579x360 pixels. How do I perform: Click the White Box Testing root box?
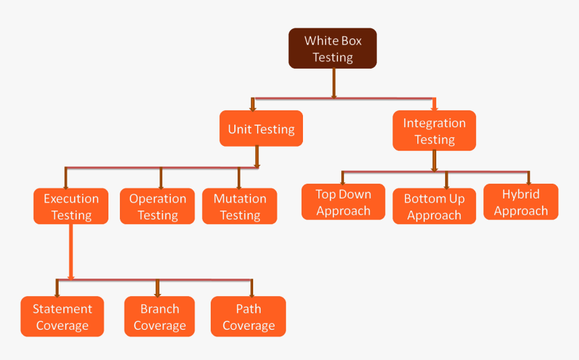pos(333,48)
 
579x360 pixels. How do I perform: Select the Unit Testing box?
pos(261,129)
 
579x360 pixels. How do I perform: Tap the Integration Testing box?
pos(434,131)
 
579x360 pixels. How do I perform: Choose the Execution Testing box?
pos(71,207)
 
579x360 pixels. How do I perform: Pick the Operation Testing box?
pos(158,207)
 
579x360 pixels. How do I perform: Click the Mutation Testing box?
pos(240,207)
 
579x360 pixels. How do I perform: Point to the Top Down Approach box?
pos(343,203)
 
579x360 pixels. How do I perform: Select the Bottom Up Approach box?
pos(434,207)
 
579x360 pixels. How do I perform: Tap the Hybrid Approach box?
pos(520,203)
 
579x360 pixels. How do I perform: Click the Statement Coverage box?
pos(63,317)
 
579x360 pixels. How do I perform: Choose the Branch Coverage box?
pos(160,317)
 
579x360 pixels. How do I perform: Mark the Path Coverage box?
pos(248,317)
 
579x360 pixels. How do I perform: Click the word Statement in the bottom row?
pos(63,309)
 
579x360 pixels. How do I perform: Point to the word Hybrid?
pos(520,194)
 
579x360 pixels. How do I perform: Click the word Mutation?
pos(240,199)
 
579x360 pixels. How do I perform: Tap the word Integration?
pos(434,123)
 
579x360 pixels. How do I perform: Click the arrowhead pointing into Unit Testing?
pos(252,107)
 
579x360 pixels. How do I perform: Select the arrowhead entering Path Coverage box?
pos(252,293)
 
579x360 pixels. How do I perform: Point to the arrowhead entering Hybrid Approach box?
pos(529,180)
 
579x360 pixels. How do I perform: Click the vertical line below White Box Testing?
pos(333,83)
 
